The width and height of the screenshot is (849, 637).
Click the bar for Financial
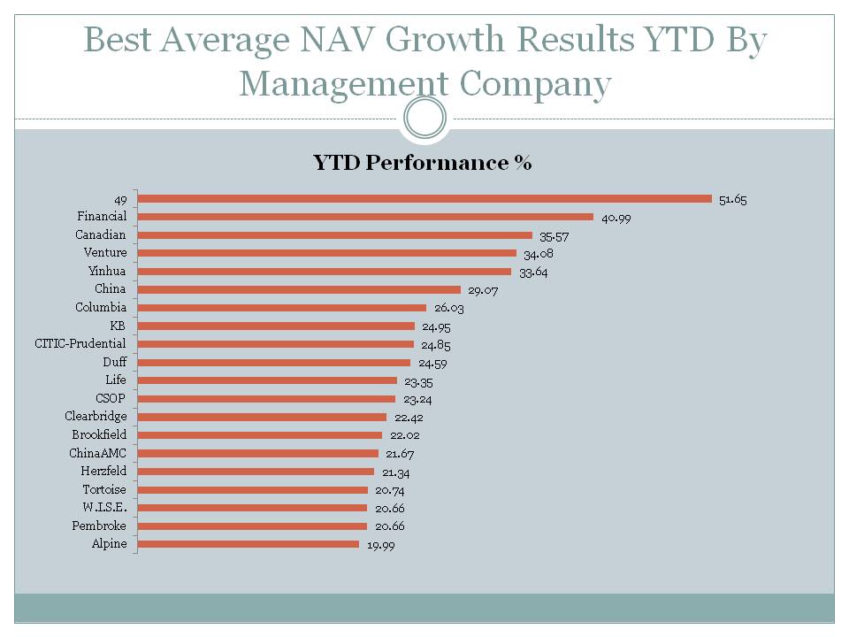coord(366,217)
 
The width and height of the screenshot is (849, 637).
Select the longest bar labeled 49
coord(425,198)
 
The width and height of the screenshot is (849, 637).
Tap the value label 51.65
coord(732,200)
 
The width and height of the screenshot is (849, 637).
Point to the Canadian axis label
coord(101,234)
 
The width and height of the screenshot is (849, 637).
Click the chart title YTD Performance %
coord(422,163)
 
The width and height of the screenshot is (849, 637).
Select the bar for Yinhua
coord(325,272)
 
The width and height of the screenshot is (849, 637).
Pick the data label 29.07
coord(482,290)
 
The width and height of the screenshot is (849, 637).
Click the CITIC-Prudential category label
coord(80,343)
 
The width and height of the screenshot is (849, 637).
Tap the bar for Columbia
coord(283,308)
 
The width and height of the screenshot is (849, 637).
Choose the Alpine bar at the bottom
coord(249,544)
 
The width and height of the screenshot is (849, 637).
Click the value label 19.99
coord(380,545)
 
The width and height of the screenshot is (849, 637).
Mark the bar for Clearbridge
coord(264,417)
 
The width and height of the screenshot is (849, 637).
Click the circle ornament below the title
coord(424,118)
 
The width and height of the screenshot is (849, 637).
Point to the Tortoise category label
coord(104,489)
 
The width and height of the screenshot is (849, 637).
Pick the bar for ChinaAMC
coord(259,453)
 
